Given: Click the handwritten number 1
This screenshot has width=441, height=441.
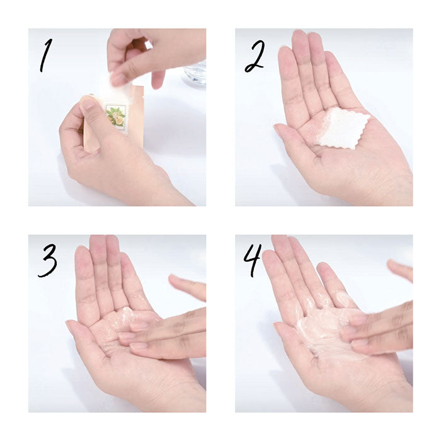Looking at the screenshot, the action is [45, 55].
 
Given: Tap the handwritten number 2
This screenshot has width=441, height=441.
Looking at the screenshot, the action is [255, 56].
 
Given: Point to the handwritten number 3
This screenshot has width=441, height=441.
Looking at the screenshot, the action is [48, 260].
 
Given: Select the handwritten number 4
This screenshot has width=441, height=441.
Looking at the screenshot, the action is [253, 260].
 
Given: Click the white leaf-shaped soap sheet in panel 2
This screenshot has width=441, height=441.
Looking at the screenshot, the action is [342, 128].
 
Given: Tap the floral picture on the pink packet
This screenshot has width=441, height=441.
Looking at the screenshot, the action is [117, 118].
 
